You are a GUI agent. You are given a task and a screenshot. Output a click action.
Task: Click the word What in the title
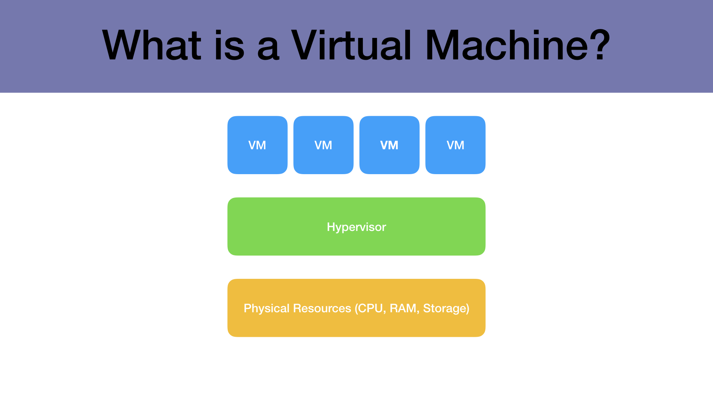152,45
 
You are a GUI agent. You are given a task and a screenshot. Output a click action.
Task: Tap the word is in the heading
229,45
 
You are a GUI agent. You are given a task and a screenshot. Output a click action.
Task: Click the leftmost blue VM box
257,145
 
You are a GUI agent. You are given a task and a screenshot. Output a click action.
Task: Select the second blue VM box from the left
323,145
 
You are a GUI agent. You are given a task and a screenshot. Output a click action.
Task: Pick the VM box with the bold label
389,145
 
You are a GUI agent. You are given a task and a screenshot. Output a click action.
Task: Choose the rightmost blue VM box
455,145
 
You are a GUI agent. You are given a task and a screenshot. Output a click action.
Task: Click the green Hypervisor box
356,226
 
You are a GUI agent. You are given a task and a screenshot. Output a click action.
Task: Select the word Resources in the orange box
322,308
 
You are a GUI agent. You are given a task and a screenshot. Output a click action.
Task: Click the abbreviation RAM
403,308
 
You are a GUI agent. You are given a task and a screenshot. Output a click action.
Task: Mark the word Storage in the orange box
444,308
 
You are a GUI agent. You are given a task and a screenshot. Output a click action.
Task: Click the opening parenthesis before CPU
356,308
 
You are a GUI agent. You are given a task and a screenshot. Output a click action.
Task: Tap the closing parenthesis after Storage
468,308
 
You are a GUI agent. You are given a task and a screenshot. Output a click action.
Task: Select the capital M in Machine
442,45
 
